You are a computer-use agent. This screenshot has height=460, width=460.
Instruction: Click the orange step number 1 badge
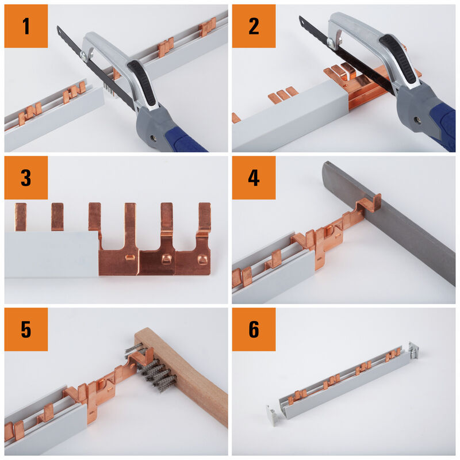point(26,26)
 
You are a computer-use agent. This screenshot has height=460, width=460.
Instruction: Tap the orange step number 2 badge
point(254,26)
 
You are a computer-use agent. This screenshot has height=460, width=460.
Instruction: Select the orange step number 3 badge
point(26,178)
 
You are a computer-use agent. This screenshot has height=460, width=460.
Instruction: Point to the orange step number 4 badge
point(254,178)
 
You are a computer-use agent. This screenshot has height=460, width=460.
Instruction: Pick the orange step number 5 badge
point(26,329)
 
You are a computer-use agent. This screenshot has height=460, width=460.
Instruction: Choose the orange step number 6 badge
point(254,329)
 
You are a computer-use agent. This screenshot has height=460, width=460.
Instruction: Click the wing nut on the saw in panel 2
point(335,41)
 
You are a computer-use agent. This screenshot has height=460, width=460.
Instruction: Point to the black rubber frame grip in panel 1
point(143,83)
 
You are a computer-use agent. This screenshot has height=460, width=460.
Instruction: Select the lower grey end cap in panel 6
point(271,413)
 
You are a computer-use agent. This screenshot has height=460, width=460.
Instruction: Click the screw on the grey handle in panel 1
point(153,137)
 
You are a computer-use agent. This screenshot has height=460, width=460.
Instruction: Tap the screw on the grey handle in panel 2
point(417,120)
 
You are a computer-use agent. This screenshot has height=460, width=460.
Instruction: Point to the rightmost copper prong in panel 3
point(205,217)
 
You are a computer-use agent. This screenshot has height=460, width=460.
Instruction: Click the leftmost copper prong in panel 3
point(21,217)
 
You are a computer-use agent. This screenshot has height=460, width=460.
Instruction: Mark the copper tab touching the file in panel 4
point(370,204)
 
